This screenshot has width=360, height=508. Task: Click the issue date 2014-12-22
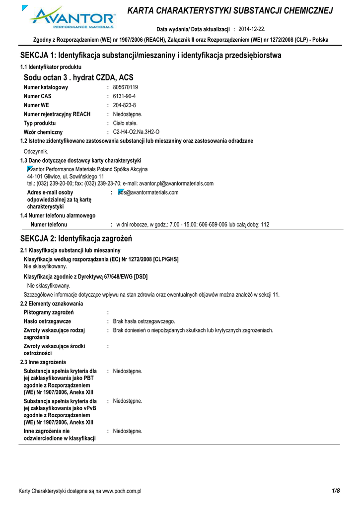point(252,29)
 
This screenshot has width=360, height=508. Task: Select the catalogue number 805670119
point(126,87)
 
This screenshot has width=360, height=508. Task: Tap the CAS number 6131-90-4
point(124,96)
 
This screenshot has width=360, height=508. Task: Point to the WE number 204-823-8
point(124,105)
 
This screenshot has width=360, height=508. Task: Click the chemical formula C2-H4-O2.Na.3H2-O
point(137,132)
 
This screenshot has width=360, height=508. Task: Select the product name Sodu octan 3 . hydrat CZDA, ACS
point(78,77)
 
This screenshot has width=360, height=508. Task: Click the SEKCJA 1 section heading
point(150,56)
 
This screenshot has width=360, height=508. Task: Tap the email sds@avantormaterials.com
point(148,192)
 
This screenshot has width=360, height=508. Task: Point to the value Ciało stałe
point(125,123)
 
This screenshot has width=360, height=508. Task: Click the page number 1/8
point(336,491)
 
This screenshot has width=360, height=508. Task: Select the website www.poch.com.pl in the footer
point(122,491)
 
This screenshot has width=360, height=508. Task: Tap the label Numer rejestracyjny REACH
point(57,114)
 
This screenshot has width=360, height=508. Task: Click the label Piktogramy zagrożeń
point(49,312)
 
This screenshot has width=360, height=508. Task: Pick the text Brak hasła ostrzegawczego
point(144,321)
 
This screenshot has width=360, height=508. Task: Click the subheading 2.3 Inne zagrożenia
point(43,362)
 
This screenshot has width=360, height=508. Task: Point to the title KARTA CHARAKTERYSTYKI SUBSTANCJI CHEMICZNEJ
point(230,11)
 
